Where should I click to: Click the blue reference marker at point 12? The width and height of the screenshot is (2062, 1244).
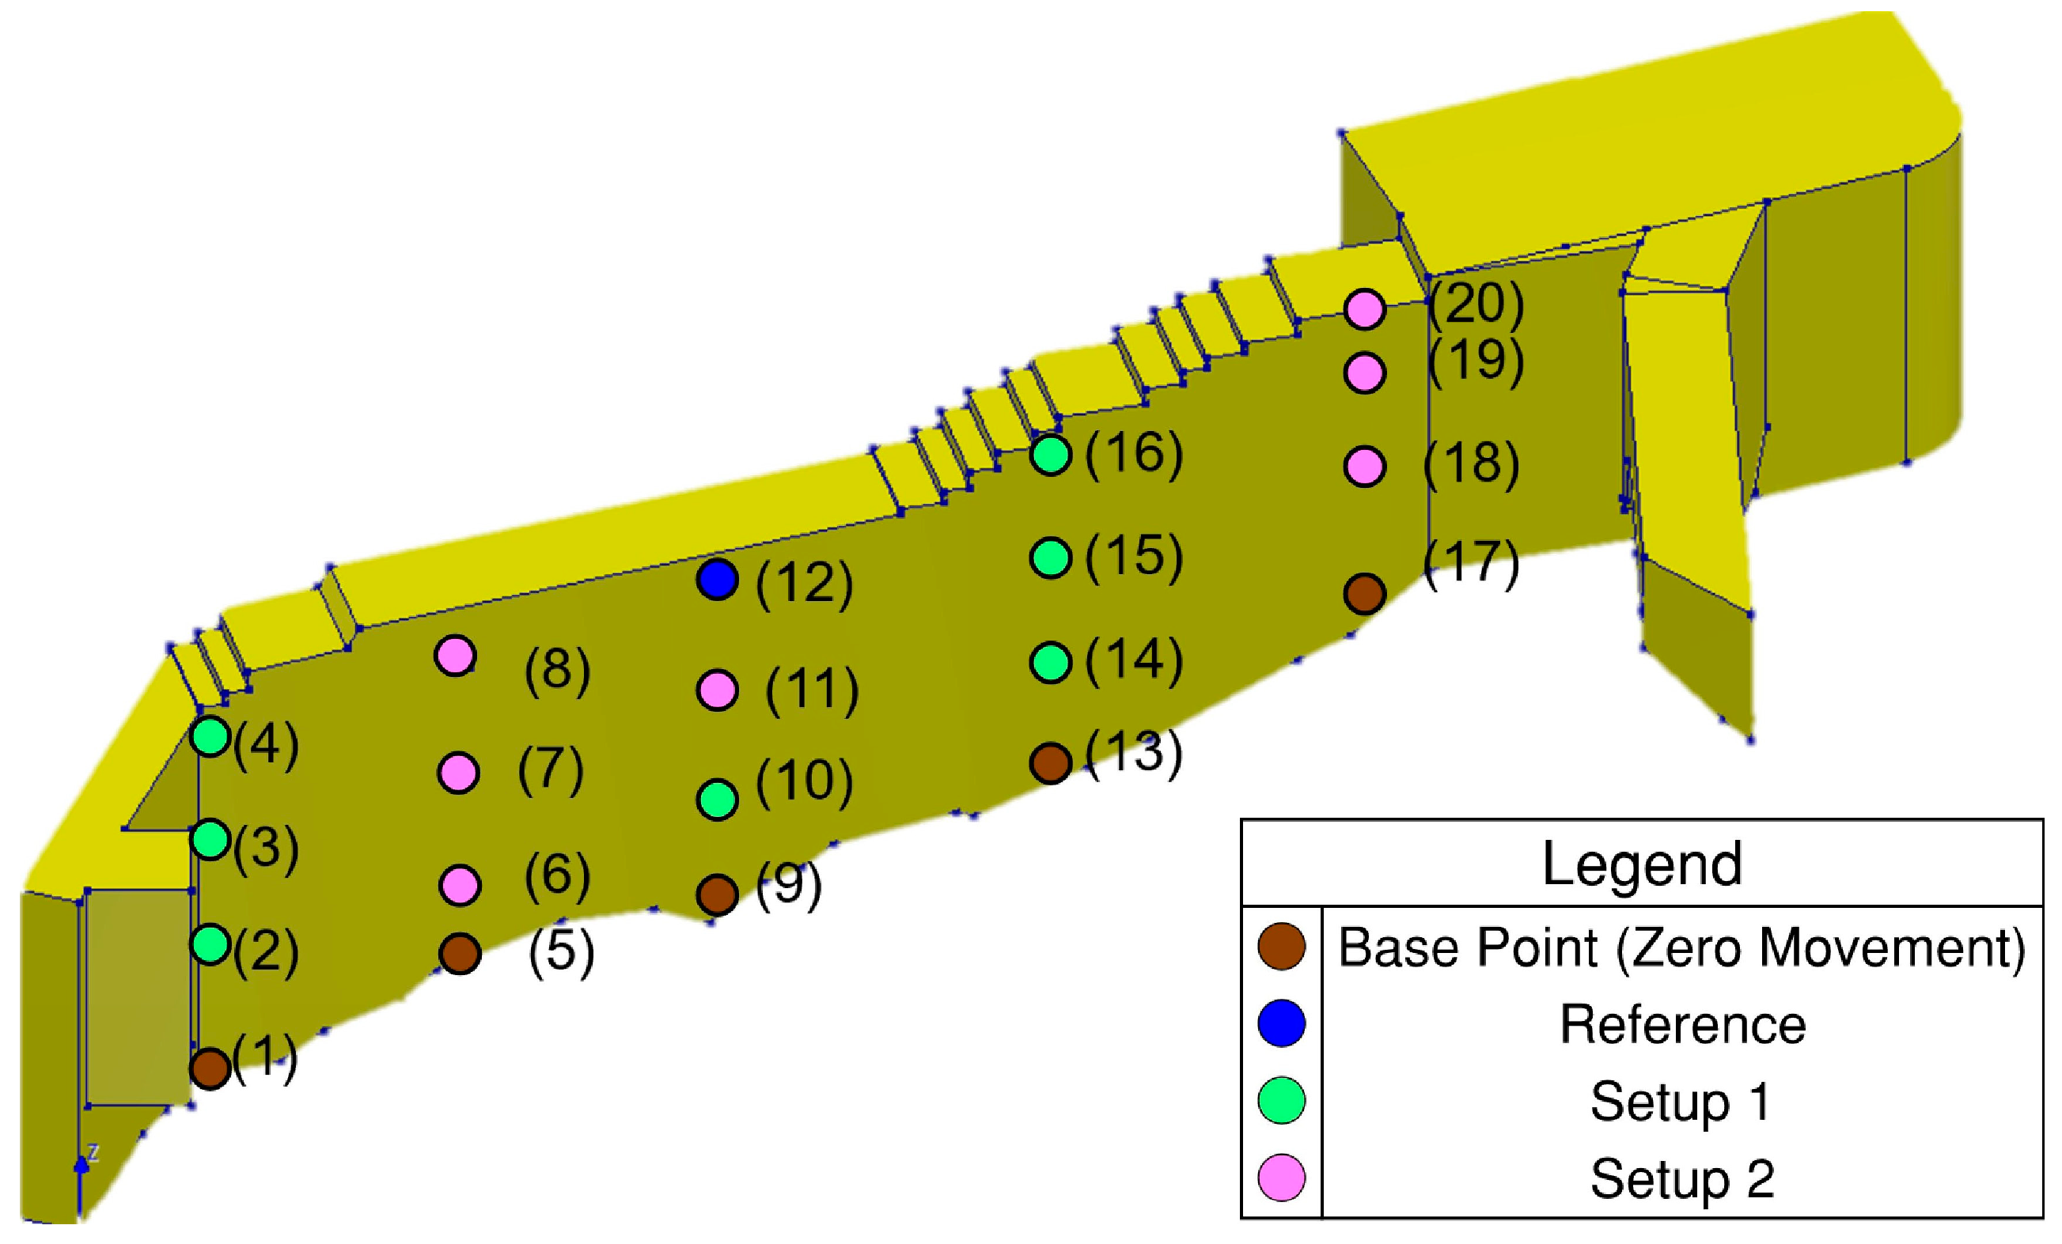[x=716, y=580]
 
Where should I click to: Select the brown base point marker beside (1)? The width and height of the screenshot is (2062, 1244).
[x=210, y=1068]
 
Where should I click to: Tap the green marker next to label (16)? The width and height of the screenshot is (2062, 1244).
[x=1051, y=455]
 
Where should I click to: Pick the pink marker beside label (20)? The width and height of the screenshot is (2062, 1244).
[x=1365, y=309]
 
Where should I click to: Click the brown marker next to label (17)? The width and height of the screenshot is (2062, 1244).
[x=1365, y=594]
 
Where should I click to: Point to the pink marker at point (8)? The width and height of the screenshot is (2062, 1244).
[x=455, y=656]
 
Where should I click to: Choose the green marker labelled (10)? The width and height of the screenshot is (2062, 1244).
[x=716, y=799]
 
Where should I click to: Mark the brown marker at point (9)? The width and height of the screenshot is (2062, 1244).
[x=716, y=894]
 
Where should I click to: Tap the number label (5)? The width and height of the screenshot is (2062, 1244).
[x=561, y=953]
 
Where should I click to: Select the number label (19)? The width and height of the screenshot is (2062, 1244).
[x=1476, y=361]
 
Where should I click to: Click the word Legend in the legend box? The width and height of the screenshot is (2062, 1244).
[x=1641, y=864]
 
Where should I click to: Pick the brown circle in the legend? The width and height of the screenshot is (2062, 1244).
[x=1281, y=948]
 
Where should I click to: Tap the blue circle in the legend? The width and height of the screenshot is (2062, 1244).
[x=1281, y=1023]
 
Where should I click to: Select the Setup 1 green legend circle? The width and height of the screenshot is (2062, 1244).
[x=1281, y=1100]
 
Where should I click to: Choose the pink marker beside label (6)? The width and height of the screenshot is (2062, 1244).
[x=459, y=885]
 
